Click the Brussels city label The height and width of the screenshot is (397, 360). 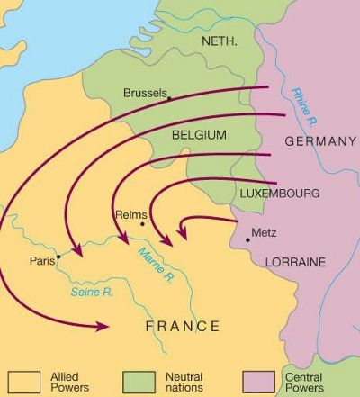click(144, 94)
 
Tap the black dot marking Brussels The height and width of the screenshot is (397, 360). click(169, 97)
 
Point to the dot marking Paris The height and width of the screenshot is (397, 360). click(58, 256)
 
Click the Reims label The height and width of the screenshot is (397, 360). click(132, 214)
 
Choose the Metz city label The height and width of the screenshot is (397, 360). click(264, 231)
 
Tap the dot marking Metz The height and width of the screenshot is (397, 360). click(247, 239)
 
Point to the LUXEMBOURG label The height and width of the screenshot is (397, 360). click(278, 194)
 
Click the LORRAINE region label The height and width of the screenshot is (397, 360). click(296, 261)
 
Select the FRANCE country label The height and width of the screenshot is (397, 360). click(183, 326)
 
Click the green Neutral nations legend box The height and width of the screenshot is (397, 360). click(139, 379)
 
